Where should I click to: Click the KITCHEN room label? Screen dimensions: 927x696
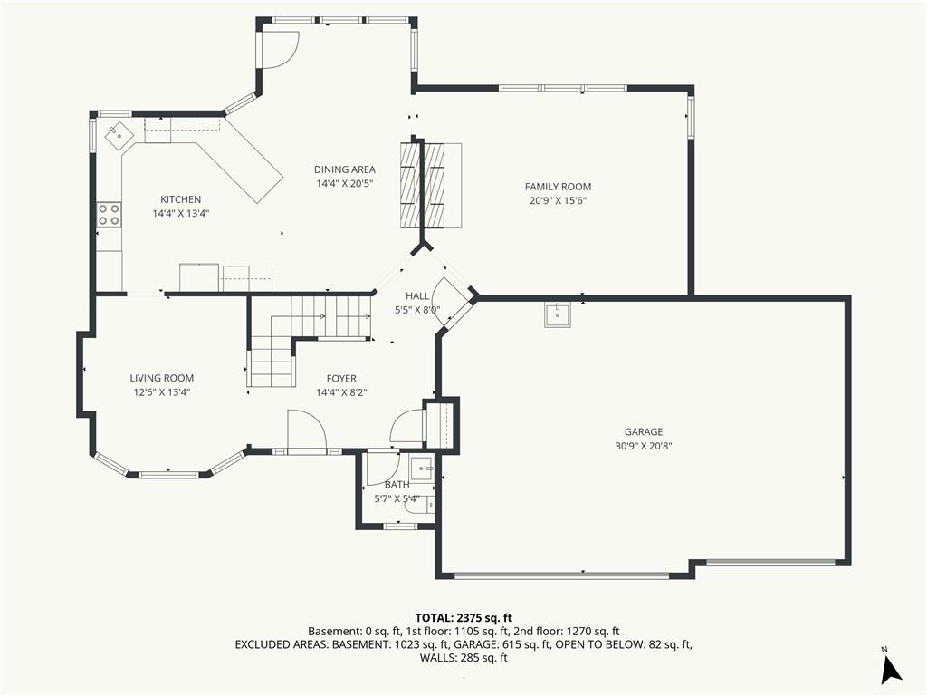[181, 199]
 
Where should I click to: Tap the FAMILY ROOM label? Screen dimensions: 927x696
[558, 187]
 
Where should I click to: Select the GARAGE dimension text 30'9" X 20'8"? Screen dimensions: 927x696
[644, 446]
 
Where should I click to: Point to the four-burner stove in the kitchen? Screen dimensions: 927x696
[109, 214]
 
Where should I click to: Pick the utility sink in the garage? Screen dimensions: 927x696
[558, 314]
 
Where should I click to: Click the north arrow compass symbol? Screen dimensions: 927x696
[890, 668]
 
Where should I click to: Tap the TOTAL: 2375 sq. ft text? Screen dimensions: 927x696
[463, 618]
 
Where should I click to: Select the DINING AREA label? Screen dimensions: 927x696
[345, 169]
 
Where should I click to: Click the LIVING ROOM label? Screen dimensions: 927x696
[162, 378]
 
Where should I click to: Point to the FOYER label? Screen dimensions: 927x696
[341, 378]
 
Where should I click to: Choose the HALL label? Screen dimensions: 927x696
[417, 296]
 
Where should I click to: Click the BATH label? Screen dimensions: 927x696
[397, 485]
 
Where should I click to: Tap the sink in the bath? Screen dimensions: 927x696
[423, 469]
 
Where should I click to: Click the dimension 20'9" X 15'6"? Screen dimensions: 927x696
[558, 200]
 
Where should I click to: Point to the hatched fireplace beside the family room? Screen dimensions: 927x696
[430, 185]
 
